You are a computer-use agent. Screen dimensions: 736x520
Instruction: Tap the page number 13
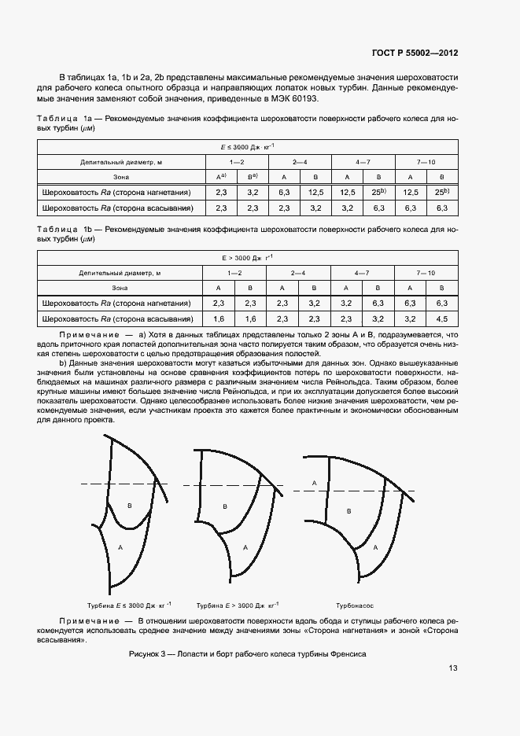[x=453, y=668]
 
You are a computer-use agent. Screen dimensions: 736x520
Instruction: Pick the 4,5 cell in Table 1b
[x=441, y=318]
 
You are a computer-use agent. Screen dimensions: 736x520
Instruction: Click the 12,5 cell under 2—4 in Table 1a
[x=315, y=192]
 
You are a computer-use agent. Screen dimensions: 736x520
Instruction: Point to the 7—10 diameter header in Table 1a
[x=426, y=162]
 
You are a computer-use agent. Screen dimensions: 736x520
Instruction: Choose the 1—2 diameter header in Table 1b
[x=235, y=273]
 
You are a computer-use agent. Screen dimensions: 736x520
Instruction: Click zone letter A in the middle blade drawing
[x=245, y=548]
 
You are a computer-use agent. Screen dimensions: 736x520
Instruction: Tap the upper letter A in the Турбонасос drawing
[x=314, y=483]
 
